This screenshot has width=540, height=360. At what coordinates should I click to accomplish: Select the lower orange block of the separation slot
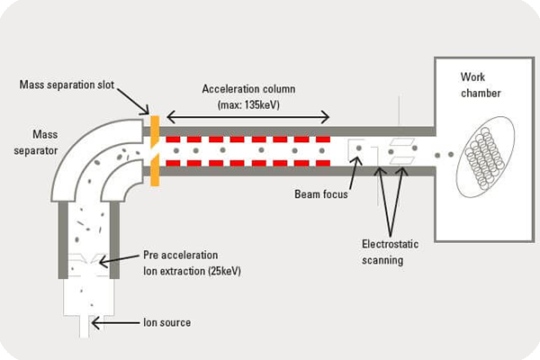pos(156,171)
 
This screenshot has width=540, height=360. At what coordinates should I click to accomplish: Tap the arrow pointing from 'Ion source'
pos(126,320)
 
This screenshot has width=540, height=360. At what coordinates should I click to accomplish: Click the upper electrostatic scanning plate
pos(400,142)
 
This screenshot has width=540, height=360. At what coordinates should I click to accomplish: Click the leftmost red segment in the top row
pos(174,139)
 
